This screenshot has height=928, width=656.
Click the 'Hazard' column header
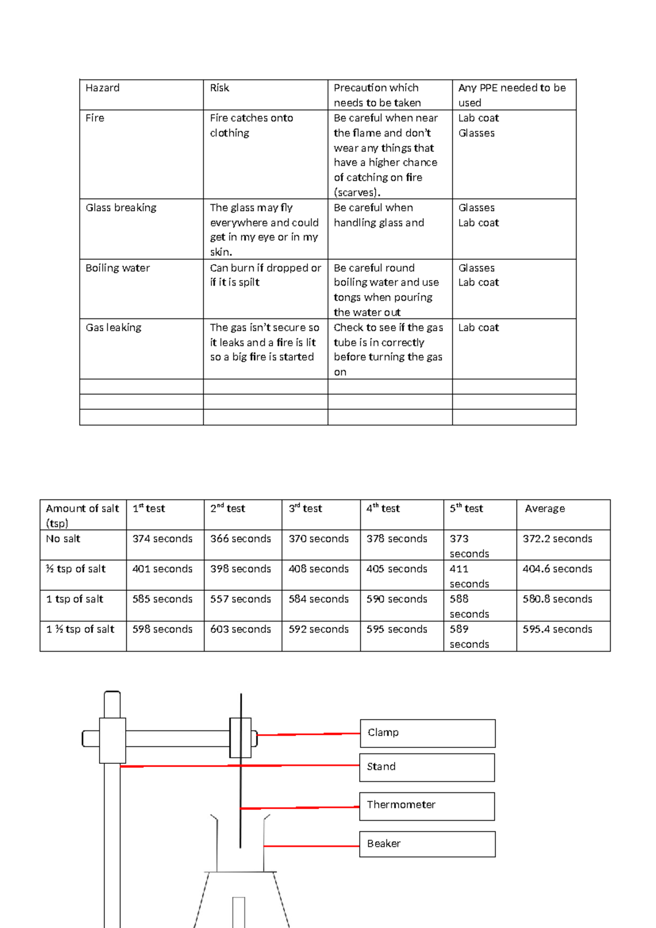coord(103,88)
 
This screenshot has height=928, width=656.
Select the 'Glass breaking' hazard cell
coord(121,208)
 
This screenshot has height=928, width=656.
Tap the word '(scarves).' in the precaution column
coord(357,193)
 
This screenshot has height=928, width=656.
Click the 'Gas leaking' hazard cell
coord(113,328)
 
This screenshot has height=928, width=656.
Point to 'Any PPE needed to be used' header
coord(512,95)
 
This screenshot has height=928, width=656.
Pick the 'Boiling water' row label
coord(118,268)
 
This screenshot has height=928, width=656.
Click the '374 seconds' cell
coord(162,539)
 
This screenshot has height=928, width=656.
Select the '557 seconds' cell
coord(241,599)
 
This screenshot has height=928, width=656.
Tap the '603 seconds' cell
coord(241,629)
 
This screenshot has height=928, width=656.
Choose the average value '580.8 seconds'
coord(557,599)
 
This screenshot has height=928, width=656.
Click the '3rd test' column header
coord(305,509)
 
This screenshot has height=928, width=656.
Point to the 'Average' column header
coord(544,509)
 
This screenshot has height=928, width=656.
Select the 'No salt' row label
coord(63,539)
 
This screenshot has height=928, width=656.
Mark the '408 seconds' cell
coord(319,569)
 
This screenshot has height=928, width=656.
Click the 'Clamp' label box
coord(427,733)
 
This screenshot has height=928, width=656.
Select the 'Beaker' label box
coord(427,844)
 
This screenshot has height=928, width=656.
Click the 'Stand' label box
coord(427,767)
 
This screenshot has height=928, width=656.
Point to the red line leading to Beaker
coord(312,846)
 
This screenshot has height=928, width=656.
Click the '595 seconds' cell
coord(397,629)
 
